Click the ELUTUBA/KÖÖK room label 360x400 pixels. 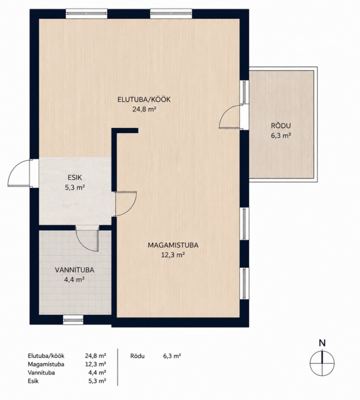pos(144,100)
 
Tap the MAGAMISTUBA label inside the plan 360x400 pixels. pos(173,245)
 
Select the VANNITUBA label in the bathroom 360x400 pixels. pos(75,270)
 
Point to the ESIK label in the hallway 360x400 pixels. pos(75,177)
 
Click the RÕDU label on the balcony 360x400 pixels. pos(281,125)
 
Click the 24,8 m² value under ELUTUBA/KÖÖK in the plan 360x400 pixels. pos(144,110)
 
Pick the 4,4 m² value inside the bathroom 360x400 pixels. pos(75,280)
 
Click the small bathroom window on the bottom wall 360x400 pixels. pos(73,320)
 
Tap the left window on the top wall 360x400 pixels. pos(87,14)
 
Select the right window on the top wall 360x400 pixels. pos(171,14)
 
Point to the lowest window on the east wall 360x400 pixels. pos(244,283)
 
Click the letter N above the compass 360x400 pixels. pos(322,343)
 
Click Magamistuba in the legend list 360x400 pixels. pos(46,364)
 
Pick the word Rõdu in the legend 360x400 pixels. pos(137,355)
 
